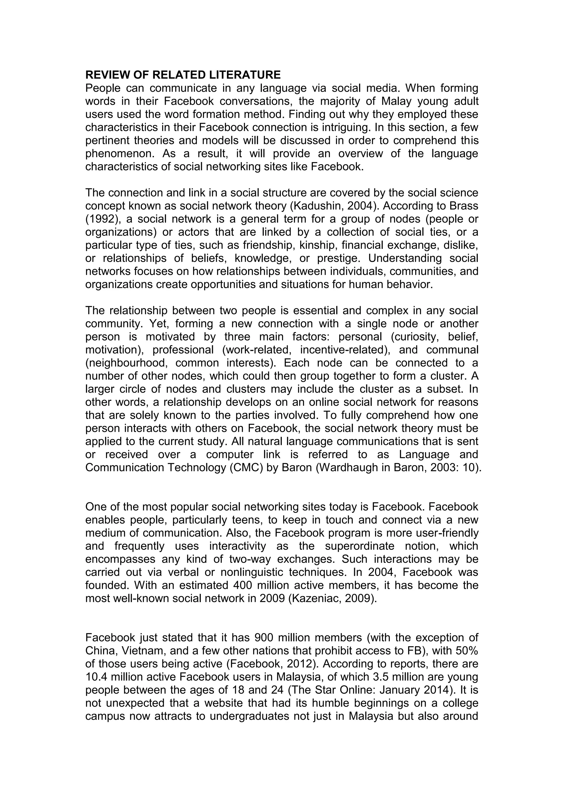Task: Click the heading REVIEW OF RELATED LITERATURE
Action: (x=183, y=75)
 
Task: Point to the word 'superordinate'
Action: (x=359, y=546)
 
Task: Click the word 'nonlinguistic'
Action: (x=252, y=572)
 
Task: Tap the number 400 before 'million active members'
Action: (x=243, y=585)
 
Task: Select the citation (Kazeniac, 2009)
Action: (x=333, y=598)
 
